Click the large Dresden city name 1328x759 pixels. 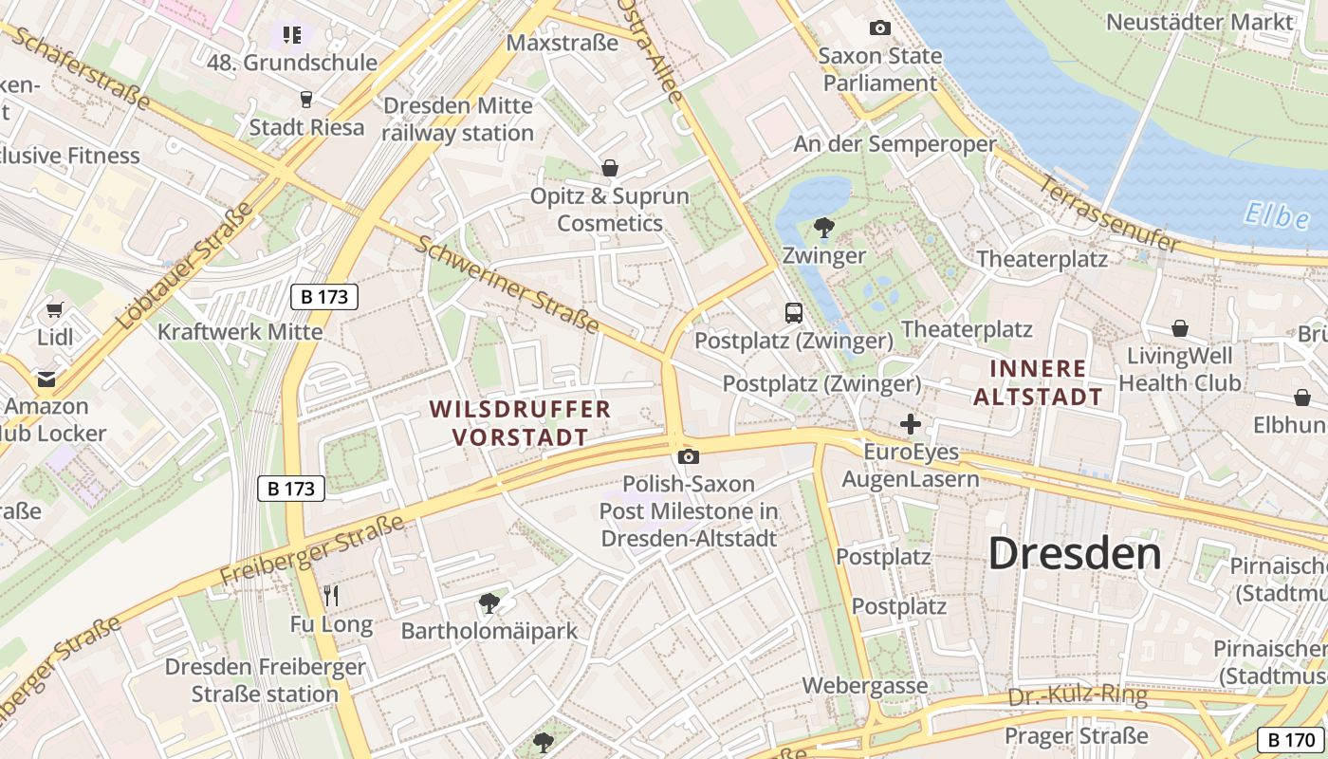(1075, 554)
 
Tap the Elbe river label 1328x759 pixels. (1278, 216)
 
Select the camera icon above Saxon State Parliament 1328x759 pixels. (880, 28)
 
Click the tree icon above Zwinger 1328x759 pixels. (824, 228)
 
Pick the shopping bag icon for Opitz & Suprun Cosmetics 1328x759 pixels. (610, 168)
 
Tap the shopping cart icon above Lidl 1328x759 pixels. (55, 310)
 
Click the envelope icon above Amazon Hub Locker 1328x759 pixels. (46, 379)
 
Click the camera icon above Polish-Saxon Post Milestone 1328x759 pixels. (689, 456)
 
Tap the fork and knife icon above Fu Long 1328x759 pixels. (331, 596)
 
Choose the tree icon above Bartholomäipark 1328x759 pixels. (489, 602)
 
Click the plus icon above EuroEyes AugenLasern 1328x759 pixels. (910, 424)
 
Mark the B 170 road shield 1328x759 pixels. (1289, 740)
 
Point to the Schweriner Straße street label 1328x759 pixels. (507, 284)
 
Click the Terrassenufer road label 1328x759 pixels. (1109, 213)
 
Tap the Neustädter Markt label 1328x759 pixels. (1199, 22)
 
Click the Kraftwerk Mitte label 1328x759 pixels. (240, 332)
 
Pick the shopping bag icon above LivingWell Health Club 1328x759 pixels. (1180, 328)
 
